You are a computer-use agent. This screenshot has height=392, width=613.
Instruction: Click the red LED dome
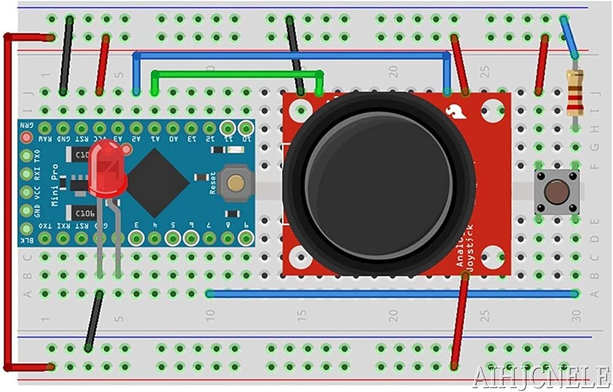click(x=107, y=166)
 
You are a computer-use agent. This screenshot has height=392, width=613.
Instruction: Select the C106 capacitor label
click(x=85, y=213)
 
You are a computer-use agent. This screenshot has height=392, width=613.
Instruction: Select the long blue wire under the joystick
click(x=392, y=294)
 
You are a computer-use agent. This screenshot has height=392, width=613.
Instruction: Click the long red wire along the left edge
click(x=7, y=202)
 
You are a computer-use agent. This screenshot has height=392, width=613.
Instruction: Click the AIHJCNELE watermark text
click(x=540, y=375)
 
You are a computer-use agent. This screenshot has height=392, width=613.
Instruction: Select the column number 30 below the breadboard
click(x=574, y=316)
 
